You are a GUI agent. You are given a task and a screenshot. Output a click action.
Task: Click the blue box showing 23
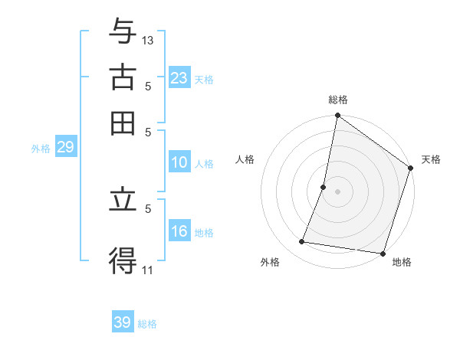coord(179,78)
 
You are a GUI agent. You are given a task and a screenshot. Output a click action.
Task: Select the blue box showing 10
coord(179,162)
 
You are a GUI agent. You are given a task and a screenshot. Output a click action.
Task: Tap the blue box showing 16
coord(179,232)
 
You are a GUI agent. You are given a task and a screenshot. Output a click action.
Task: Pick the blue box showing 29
coord(65,147)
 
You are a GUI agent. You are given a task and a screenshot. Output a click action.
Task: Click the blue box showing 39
coord(123,322)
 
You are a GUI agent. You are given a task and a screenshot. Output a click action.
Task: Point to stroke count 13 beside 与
coord(148,39)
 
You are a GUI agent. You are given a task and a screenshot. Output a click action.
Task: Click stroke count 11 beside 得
coord(147,269)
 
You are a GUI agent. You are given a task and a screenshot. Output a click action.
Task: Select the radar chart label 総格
coord(337,100)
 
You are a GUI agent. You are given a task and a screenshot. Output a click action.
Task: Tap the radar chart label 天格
coord(431,159)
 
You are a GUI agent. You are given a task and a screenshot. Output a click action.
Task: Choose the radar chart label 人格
coord(245,159)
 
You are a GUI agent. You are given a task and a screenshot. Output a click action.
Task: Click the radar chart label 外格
coord(270,263)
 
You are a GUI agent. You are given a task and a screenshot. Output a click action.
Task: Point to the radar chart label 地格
coord(402,263)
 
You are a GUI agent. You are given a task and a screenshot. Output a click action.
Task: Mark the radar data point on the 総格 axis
coord(337,116)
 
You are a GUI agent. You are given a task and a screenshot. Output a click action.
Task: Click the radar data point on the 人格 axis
coord(324,187)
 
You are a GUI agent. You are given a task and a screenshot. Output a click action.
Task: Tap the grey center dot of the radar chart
coord(337,191)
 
